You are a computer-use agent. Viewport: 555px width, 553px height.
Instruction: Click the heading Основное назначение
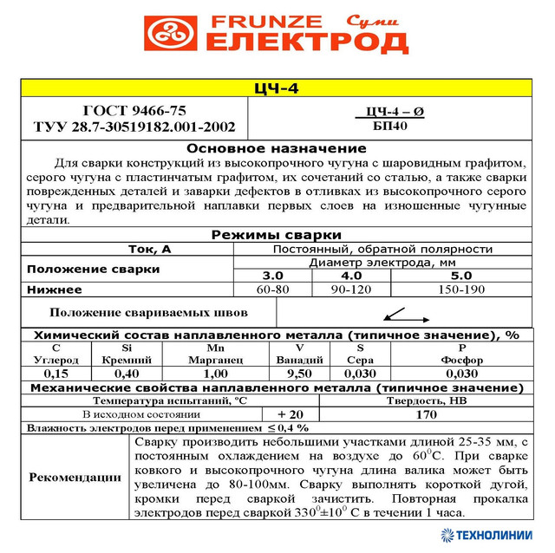click(x=277, y=149)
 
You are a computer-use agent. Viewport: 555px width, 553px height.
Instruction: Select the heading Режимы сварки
click(x=277, y=235)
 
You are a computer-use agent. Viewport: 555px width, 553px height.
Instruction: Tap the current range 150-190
click(x=461, y=289)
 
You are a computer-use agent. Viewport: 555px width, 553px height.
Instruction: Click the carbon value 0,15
click(x=56, y=373)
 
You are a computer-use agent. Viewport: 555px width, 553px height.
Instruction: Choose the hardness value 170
click(x=426, y=413)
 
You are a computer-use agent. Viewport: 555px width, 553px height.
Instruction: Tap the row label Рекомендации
click(x=75, y=476)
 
